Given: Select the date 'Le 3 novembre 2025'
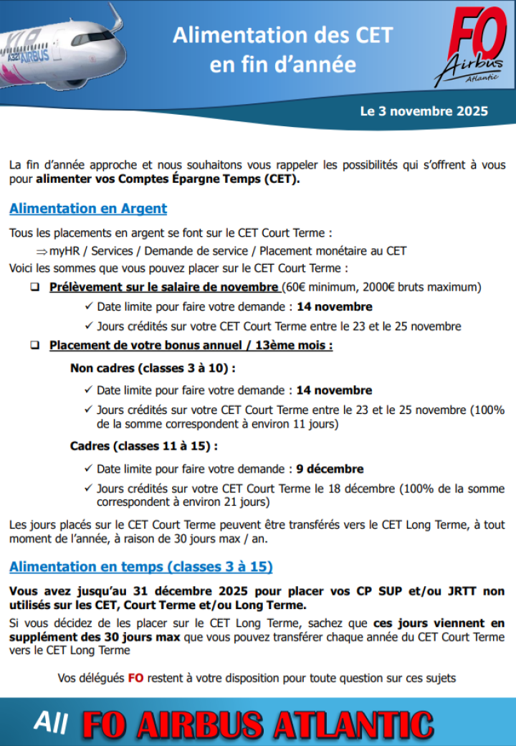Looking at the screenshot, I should (x=424, y=111).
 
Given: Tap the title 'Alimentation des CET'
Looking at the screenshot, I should (x=282, y=35).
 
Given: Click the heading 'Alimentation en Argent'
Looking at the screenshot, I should (x=88, y=209).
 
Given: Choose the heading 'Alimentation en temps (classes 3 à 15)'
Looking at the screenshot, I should (x=140, y=567).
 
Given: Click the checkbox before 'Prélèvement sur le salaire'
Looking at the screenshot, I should (x=34, y=288).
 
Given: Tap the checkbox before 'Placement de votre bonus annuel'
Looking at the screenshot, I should (x=34, y=346).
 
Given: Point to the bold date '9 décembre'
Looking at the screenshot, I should (x=330, y=469).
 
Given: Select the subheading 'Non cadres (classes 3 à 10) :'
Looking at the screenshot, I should (x=153, y=369).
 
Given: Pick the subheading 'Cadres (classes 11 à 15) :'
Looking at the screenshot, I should (x=144, y=446).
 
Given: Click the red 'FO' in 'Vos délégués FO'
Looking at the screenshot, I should (x=135, y=678).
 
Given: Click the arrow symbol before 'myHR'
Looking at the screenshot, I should (x=41, y=251).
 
